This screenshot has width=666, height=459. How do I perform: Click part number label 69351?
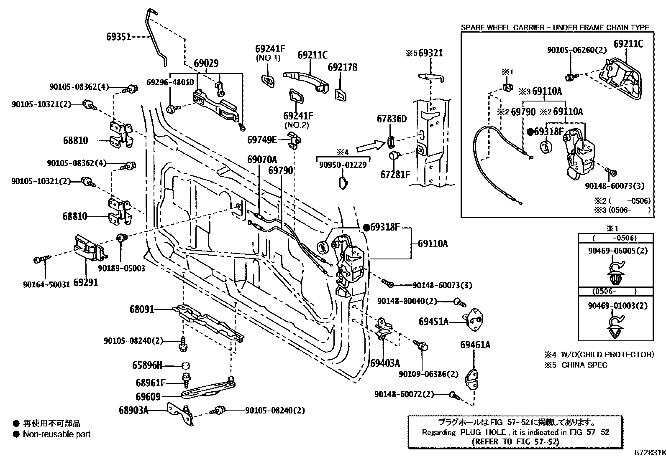click(x=118, y=37)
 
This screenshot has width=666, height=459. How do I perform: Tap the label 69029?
click(x=206, y=63)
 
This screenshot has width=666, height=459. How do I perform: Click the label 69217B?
click(x=342, y=67)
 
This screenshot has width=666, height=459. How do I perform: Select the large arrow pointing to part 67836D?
click(x=370, y=147)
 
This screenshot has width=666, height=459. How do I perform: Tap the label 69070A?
click(x=262, y=160)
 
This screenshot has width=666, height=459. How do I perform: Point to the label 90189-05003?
click(x=122, y=268)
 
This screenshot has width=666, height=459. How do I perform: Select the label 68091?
click(x=141, y=309)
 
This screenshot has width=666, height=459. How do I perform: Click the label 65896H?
click(x=147, y=365)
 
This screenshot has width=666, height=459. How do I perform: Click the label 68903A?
click(x=133, y=410)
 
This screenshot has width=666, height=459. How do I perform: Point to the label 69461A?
click(x=475, y=345)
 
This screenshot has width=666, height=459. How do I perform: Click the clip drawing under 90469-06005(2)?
click(x=614, y=274)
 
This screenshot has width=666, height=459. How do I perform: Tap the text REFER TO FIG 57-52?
click(x=515, y=441)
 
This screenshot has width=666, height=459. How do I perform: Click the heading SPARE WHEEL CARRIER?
click(x=502, y=28)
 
